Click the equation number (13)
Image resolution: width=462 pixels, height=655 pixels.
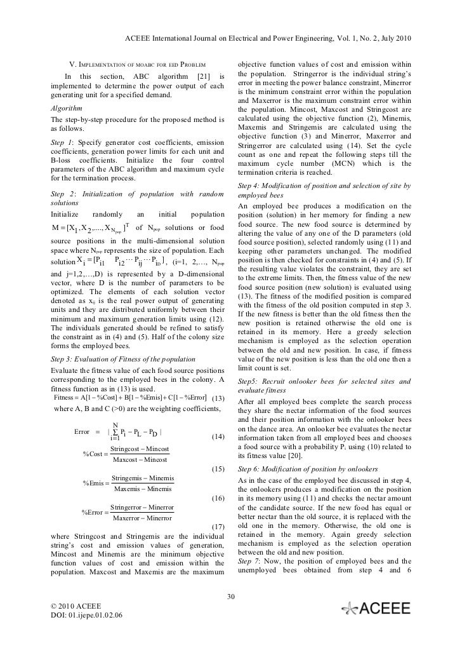pyautogui.click(x=218, y=398)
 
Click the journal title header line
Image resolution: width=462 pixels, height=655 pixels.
pyautogui.click(x=268, y=39)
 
